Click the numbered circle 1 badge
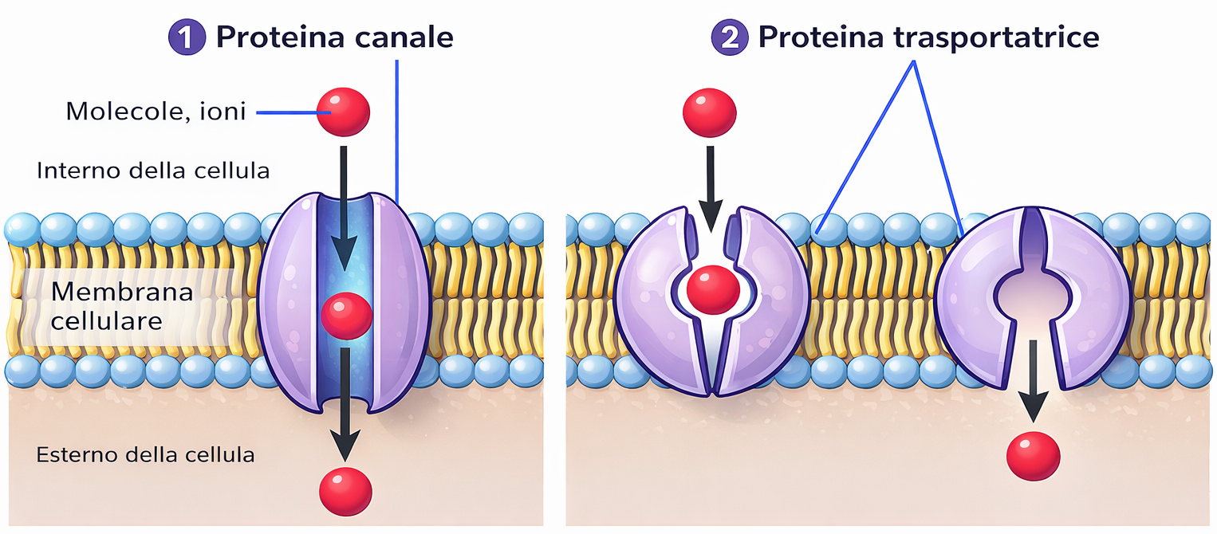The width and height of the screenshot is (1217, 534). (186, 38)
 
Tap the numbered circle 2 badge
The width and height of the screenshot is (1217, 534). (729, 38)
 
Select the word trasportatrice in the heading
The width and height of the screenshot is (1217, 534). (998, 37)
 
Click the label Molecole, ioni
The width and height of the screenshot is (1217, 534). (156, 111)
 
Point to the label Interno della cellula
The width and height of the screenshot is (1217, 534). (153, 171)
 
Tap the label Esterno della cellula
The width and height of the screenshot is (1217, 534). (146, 455)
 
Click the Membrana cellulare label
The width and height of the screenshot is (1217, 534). (122, 307)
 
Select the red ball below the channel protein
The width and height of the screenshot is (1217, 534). (345, 490)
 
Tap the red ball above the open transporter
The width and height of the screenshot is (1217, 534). (710, 110)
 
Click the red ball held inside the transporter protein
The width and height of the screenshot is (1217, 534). (714, 289)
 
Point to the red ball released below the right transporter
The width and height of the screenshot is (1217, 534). (1034, 456)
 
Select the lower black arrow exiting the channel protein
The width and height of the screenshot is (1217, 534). (345, 402)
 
